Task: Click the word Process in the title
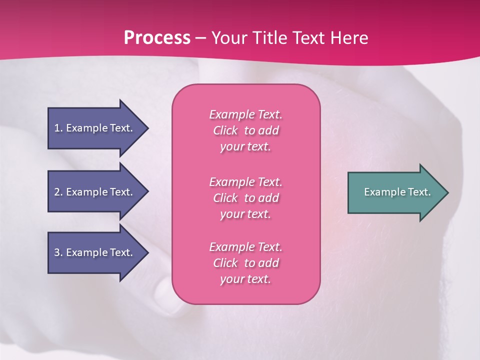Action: coord(157,38)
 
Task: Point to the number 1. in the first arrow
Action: coord(58,128)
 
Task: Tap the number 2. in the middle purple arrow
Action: coord(58,192)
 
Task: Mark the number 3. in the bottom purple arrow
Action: coord(58,252)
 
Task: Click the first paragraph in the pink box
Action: coord(245,130)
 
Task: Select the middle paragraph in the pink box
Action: coord(245,198)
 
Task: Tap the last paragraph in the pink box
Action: coord(245,263)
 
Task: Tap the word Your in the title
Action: coord(229,38)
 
